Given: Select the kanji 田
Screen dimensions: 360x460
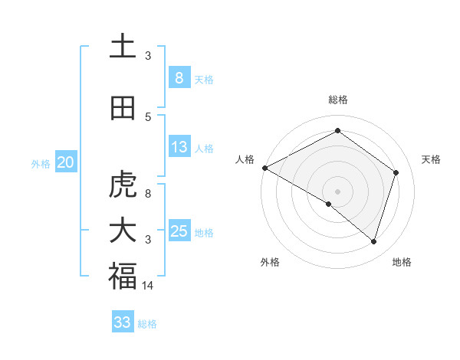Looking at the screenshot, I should coord(123,109).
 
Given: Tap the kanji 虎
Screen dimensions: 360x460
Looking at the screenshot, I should coord(123,185).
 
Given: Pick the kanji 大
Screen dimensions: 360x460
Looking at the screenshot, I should coord(123,231).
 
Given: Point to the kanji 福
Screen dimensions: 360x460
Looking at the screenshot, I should coord(123,276).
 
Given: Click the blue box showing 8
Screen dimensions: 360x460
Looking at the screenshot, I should coord(179,78).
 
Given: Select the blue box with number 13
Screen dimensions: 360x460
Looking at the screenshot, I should coord(179,147).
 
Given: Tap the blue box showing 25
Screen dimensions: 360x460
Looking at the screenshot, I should coord(179,231).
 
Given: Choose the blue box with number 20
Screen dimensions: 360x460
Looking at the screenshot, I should coord(66,162).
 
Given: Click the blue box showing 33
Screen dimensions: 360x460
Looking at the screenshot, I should coord(123,322).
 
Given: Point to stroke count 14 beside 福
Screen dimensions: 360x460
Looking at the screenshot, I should coord(149,285).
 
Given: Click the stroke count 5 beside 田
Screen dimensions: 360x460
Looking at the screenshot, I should coord(148,116).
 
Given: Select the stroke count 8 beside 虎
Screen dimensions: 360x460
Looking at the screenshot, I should coord(148,193).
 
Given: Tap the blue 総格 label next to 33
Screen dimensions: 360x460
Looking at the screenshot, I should coord(147,324).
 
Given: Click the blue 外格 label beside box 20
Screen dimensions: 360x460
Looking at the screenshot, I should coord(41,163).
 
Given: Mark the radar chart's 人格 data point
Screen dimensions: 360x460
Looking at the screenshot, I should coord(264,168).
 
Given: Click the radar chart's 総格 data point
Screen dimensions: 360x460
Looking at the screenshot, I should coord(337,131).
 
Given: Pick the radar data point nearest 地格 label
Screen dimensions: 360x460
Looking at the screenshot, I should coord(373,241).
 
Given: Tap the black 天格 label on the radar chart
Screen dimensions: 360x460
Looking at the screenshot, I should coord(432,159).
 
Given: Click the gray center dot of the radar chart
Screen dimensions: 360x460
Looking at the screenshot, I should coord(337,190).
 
